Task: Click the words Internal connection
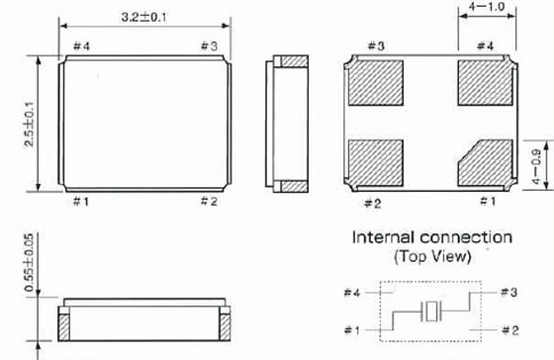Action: [x=432, y=238]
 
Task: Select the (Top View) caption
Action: [x=432, y=257]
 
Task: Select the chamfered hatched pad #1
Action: [x=483, y=162]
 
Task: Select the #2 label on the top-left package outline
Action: [x=208, y=201]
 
